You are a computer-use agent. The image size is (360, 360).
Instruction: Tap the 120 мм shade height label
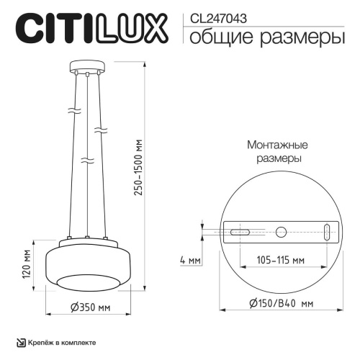[x=26, y=264]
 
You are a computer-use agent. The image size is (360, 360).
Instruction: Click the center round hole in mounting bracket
[x=281, y=233]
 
